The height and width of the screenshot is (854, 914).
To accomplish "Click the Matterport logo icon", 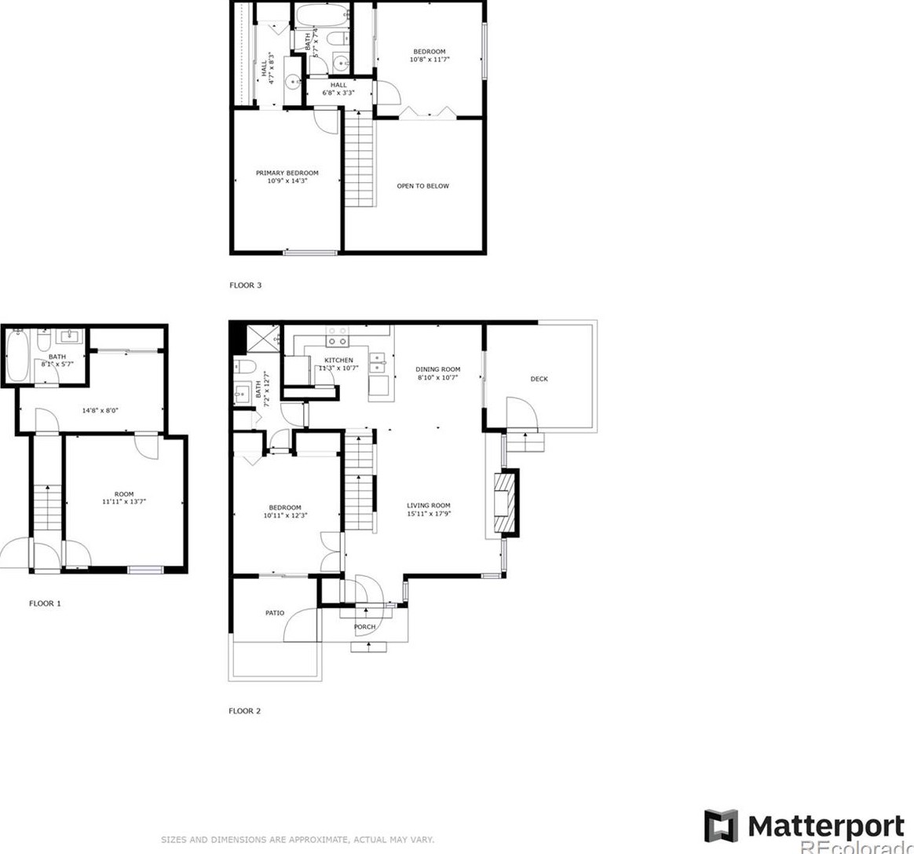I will click(720, 826).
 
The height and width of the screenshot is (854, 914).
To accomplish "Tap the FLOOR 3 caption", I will click(245, 285).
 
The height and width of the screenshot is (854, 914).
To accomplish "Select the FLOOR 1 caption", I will click(45, 603).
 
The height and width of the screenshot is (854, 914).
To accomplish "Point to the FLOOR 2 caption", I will click(244, 711).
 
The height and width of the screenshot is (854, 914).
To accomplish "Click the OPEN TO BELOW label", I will click(422, 186).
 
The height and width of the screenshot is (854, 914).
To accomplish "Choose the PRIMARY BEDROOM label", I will click(287, 173).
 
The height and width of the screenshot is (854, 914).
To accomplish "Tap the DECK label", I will click(539, 379).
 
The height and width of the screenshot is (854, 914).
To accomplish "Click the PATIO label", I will click(274, 613).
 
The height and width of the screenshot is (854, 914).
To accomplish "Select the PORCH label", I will click(364, 626).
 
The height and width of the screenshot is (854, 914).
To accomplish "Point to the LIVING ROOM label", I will click(428, 506).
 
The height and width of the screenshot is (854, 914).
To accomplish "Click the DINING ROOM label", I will click(437, 369).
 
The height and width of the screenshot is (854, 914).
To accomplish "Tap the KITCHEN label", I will click(338, 360).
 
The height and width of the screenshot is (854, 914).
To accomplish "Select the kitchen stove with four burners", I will click(337, 337).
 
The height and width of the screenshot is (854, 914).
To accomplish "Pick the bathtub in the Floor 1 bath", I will click(16, 357).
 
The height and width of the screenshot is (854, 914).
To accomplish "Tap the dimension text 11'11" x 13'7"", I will click(123, 502).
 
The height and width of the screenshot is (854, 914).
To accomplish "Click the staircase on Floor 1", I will click(47, 508).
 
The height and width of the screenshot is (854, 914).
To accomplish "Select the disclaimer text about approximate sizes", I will click(297, 840).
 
